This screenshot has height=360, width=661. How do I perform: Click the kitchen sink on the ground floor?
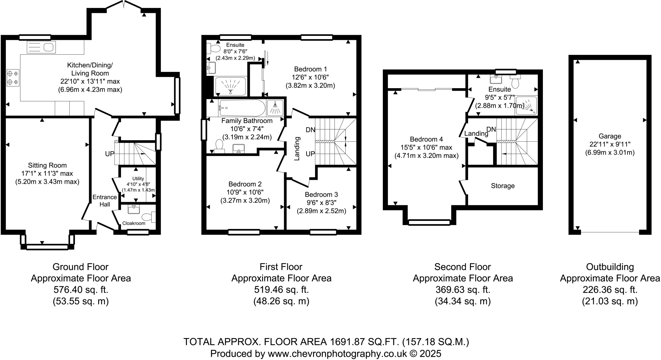tap(41, 47)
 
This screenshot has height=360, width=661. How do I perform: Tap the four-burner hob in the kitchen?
tap(13, 78)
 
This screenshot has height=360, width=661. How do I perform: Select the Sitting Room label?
tap(47, 165)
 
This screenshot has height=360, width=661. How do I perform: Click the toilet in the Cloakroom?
tap(149, 217)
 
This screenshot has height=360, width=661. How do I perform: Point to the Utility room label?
tap(138, 179)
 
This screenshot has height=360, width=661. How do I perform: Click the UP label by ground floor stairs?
tap(110, 154)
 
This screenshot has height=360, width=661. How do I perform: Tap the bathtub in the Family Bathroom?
tap(242, 108)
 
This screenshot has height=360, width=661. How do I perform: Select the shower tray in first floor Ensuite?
tap(230, 87)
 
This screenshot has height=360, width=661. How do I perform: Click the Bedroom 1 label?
tap(310, 69)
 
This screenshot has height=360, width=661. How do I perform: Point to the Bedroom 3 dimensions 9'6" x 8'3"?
tap(321, 203)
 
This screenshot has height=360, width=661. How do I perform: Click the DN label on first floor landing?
tap(310, 130)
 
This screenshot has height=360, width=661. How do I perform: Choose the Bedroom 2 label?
tap(245, 184)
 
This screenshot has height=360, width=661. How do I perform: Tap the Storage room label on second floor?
tap(503, 186)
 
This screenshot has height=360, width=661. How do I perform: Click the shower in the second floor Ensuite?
tap(526, 105)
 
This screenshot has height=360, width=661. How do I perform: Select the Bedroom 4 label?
tap(426, 139)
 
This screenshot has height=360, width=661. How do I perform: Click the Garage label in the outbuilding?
tap(610, 136)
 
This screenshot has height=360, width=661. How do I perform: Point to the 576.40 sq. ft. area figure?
tap(80, 290)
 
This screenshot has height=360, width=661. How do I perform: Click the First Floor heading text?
tap(281, 267)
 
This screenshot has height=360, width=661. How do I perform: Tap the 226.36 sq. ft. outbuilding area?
tap(610, 290)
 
